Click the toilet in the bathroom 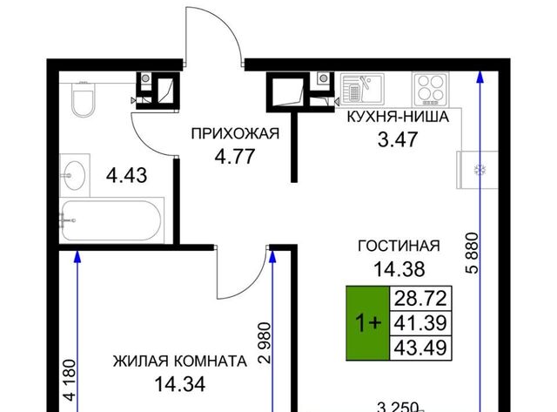(x=84, y=99)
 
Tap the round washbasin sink (x=74, y=175)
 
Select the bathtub (x=111, y=220)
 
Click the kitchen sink (x=362, y=89)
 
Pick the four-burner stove (x=430, y=89)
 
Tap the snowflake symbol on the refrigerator (x=480, y=170)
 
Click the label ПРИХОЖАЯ (x=235, y=133)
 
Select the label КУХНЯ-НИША (x=398, y=117)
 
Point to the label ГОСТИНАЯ (x=399, y=246)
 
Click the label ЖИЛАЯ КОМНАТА (x=180, y=361)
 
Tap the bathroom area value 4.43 (x=127, y=176)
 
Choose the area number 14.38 (x=399, y=269)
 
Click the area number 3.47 (x=398, y=139)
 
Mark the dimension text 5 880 (x=472, y=253)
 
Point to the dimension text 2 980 (x=265, y=342)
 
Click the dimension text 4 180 (x=70, y=381)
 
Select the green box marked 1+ (x=368, y=323)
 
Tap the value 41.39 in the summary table (x=420, y=323)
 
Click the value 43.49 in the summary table (x=420, y=348)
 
